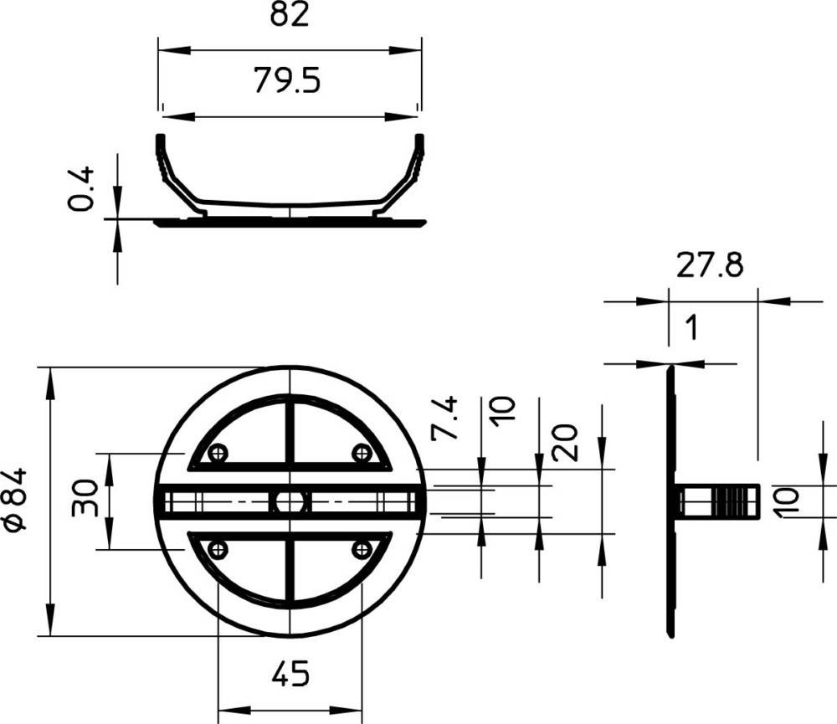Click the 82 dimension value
290,14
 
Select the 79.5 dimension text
287,80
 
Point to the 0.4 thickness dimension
82,188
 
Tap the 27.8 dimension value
710,264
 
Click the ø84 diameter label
14,499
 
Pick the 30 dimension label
85,498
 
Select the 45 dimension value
290,674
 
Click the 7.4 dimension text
444,418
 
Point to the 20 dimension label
565,443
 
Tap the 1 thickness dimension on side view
692,326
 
